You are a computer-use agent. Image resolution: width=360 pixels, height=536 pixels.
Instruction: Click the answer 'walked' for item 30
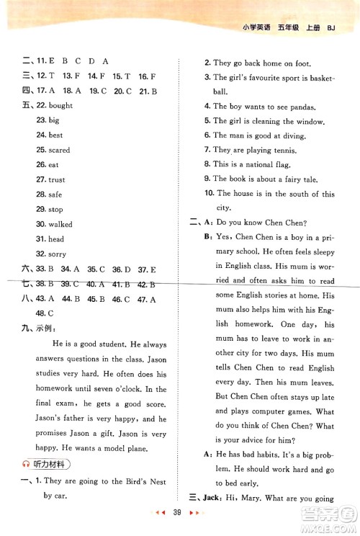pos(60,224)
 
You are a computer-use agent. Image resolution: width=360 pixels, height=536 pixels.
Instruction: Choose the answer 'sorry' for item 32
pos(57,254)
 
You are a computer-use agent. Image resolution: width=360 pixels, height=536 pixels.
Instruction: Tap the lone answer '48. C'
pos(45,313)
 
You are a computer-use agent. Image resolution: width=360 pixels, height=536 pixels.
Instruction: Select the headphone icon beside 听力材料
pos(26,464)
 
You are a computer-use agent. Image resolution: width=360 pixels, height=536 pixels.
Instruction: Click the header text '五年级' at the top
pos(301,29)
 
